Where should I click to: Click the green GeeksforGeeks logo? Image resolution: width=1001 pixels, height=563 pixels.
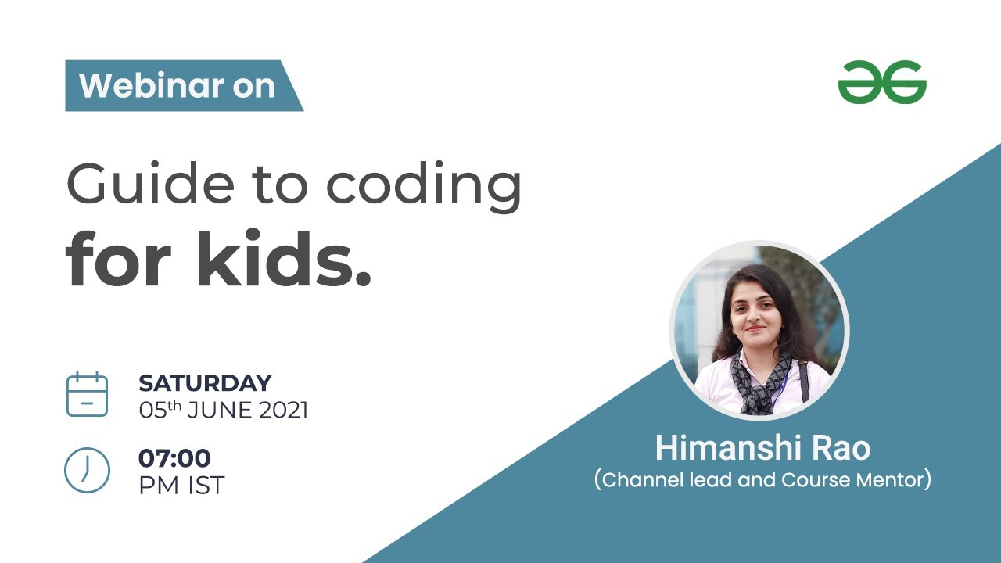[881, 83]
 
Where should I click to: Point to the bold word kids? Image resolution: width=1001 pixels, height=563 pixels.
[283, 260]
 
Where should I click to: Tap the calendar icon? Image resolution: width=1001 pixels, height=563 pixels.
[87, 394]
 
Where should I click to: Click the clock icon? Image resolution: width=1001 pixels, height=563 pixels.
[87, 470]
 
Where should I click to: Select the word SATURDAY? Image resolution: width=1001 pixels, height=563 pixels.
[205, 383]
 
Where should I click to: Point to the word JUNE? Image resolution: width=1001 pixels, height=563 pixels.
[213, 410]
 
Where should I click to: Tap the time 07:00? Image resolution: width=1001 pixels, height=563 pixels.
[174, 458]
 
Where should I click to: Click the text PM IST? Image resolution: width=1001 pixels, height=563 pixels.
[181, 485]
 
